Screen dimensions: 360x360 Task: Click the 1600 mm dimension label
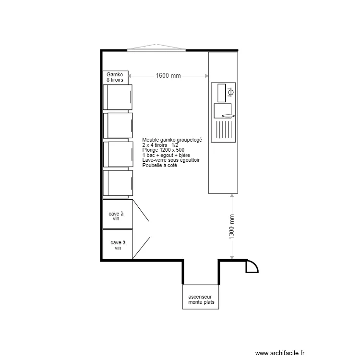coord(168,76)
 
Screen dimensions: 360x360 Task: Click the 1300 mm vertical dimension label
coord(232,227)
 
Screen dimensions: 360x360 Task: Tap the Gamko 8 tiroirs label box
coord(115,77)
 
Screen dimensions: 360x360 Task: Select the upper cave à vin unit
coord(117,214)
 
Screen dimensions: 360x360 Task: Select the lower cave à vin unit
coord(117,244)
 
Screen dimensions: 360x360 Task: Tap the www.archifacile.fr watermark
coord(280,353)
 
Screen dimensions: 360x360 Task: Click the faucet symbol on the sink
coord(231,91)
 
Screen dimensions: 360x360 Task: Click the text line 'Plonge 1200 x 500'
coord(163,150)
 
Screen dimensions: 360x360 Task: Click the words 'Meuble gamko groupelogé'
coord(172,140)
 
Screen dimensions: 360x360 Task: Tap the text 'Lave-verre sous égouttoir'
coord(171,160)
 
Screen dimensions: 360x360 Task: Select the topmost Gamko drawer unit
coord(118,97)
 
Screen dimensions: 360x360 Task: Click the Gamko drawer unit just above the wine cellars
coord(118,183)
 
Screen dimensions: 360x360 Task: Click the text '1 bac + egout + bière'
coord(166,155)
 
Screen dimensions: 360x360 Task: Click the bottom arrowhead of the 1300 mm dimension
coord(232,258)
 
